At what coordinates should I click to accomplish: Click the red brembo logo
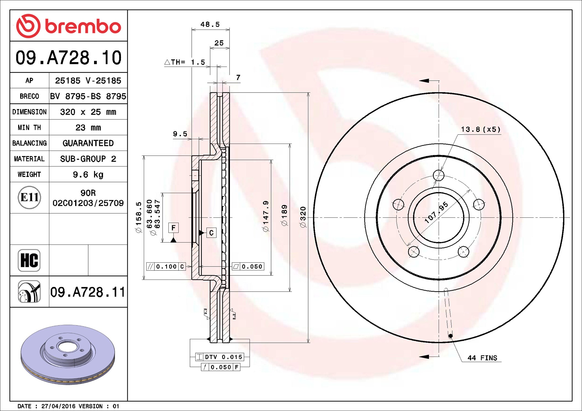pos(69,26)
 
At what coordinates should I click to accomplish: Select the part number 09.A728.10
pos(69,57)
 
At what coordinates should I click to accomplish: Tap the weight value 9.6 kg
pos(88,175)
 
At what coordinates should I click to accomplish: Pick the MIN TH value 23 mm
pos(88,128)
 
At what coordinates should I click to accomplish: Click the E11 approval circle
pos(29,197)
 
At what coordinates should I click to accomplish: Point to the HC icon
pos(29,260)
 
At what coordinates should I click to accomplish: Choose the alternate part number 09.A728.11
pos(88,292)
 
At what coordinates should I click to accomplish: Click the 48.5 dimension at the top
pos(210,25)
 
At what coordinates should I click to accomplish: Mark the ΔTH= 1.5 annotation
pos(185,62)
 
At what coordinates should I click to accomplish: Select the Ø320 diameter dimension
pos(303,217)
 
